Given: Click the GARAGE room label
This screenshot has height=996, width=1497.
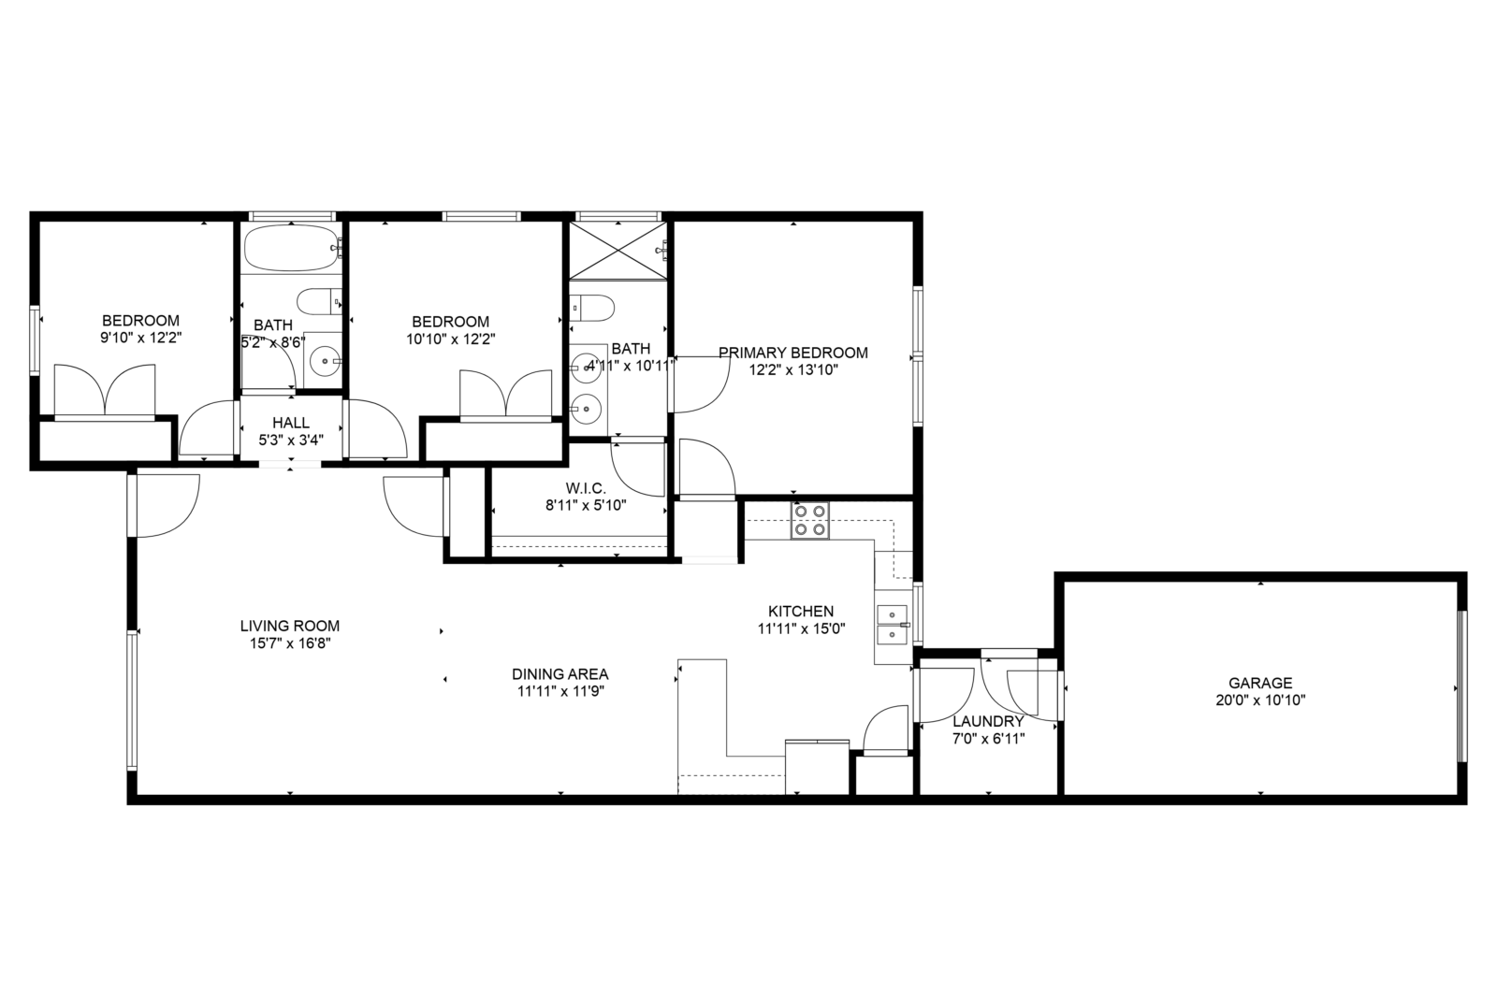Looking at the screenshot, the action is tap(1260, 683).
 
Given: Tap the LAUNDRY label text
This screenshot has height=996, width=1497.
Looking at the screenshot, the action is tap(988, 721).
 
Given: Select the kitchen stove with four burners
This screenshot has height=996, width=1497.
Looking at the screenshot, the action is tap(810, 520).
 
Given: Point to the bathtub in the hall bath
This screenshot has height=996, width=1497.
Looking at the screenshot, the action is tap(293, 248).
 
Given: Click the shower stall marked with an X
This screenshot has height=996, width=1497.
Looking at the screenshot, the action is tap(618, 252).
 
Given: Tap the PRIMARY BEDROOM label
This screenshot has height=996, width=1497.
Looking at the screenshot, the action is tap(793, 353).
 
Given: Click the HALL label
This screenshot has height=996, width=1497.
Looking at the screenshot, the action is tap(291, 423).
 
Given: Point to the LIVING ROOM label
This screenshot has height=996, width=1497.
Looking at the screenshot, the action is tap(290, 626).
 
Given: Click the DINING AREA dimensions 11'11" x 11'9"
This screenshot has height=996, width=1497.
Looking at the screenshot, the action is tap(560, 691).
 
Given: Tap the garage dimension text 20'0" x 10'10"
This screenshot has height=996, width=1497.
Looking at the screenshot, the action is tap(1260, 700).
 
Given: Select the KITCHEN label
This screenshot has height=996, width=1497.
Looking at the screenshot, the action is tap(801, 612).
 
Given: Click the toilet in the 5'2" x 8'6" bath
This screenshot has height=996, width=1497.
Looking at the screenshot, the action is tap(319, 302).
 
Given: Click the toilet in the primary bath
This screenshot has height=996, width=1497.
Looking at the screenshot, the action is tap(592, 308).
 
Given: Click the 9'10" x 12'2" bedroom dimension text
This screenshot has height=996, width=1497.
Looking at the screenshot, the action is tap(141, 338).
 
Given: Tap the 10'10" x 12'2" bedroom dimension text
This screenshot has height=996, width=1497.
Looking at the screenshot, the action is tap(451, 339).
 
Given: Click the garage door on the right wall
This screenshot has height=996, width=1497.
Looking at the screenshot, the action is tap(1461, 686).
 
